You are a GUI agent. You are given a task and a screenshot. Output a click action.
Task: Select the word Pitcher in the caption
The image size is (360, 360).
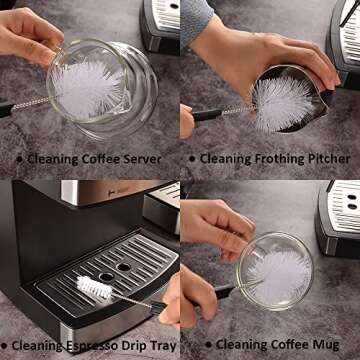coord(330,158)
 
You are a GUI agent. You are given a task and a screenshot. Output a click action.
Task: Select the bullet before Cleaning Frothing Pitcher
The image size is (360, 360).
coord(191,159)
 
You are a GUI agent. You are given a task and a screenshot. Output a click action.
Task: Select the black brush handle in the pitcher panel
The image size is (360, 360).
coord(205,115)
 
